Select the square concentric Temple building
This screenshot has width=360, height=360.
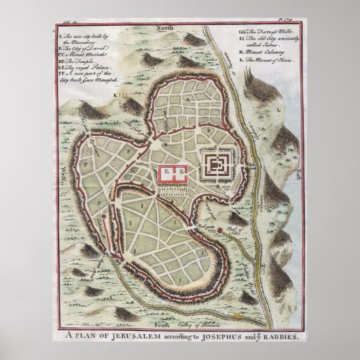[x=218, y=164]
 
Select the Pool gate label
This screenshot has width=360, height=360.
[x=200, y=224]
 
